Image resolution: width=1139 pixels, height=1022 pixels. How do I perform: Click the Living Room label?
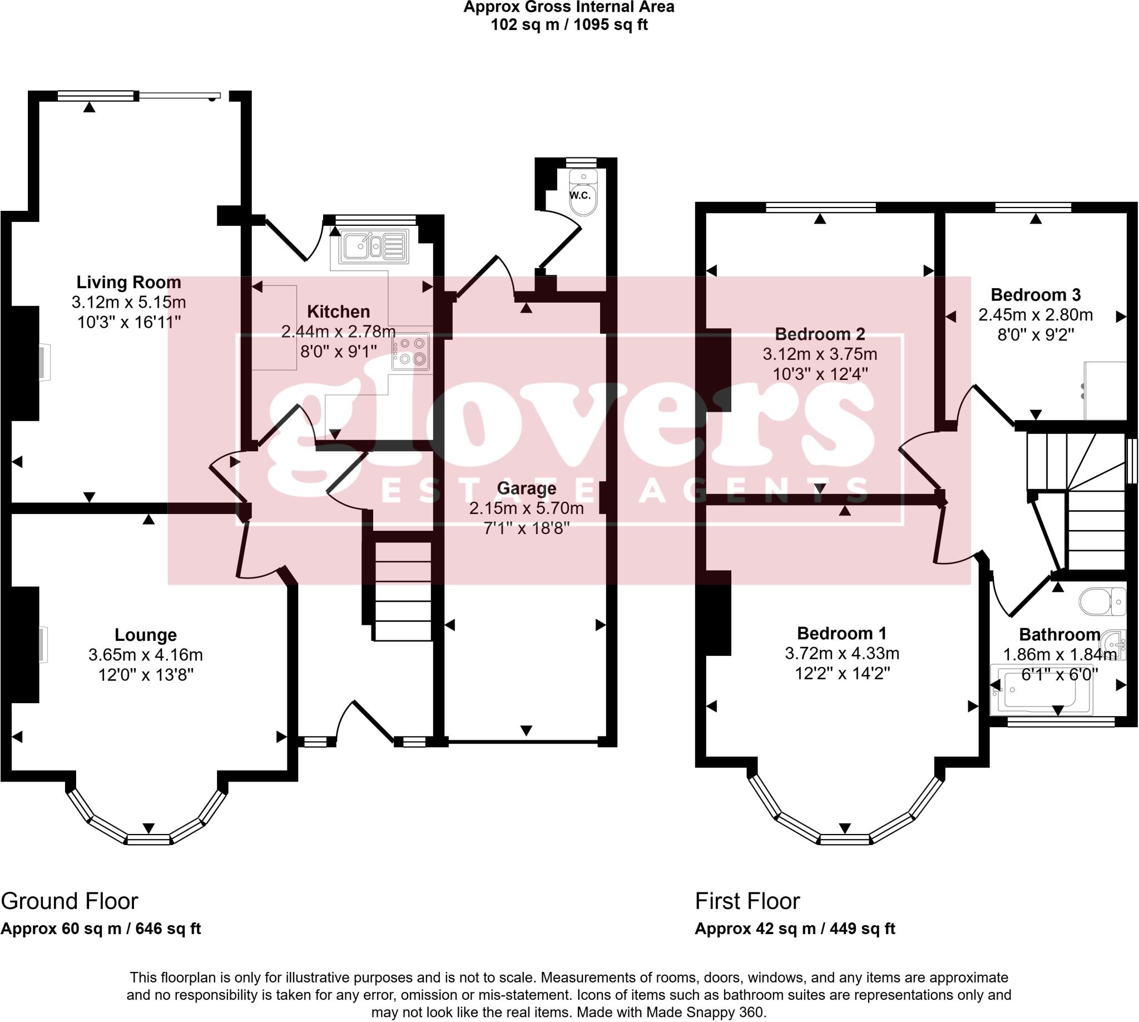point(128,282)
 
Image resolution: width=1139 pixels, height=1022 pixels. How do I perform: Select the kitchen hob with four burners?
point(411,352)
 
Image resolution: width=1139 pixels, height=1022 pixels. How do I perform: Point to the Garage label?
point(526,488)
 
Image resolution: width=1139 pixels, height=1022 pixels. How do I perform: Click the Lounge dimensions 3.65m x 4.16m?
point(145,655)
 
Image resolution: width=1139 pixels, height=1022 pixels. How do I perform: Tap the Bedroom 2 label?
point(820,334)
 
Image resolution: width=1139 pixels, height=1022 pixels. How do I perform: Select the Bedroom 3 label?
point(1035,295)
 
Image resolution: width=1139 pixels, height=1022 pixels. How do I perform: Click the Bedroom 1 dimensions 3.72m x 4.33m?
point(841,653)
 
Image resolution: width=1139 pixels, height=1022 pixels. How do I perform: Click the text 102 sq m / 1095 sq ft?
point(568,25)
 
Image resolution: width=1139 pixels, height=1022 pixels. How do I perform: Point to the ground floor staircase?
point(402,590)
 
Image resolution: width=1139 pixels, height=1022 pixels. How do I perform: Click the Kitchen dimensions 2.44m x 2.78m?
point(338,332)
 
